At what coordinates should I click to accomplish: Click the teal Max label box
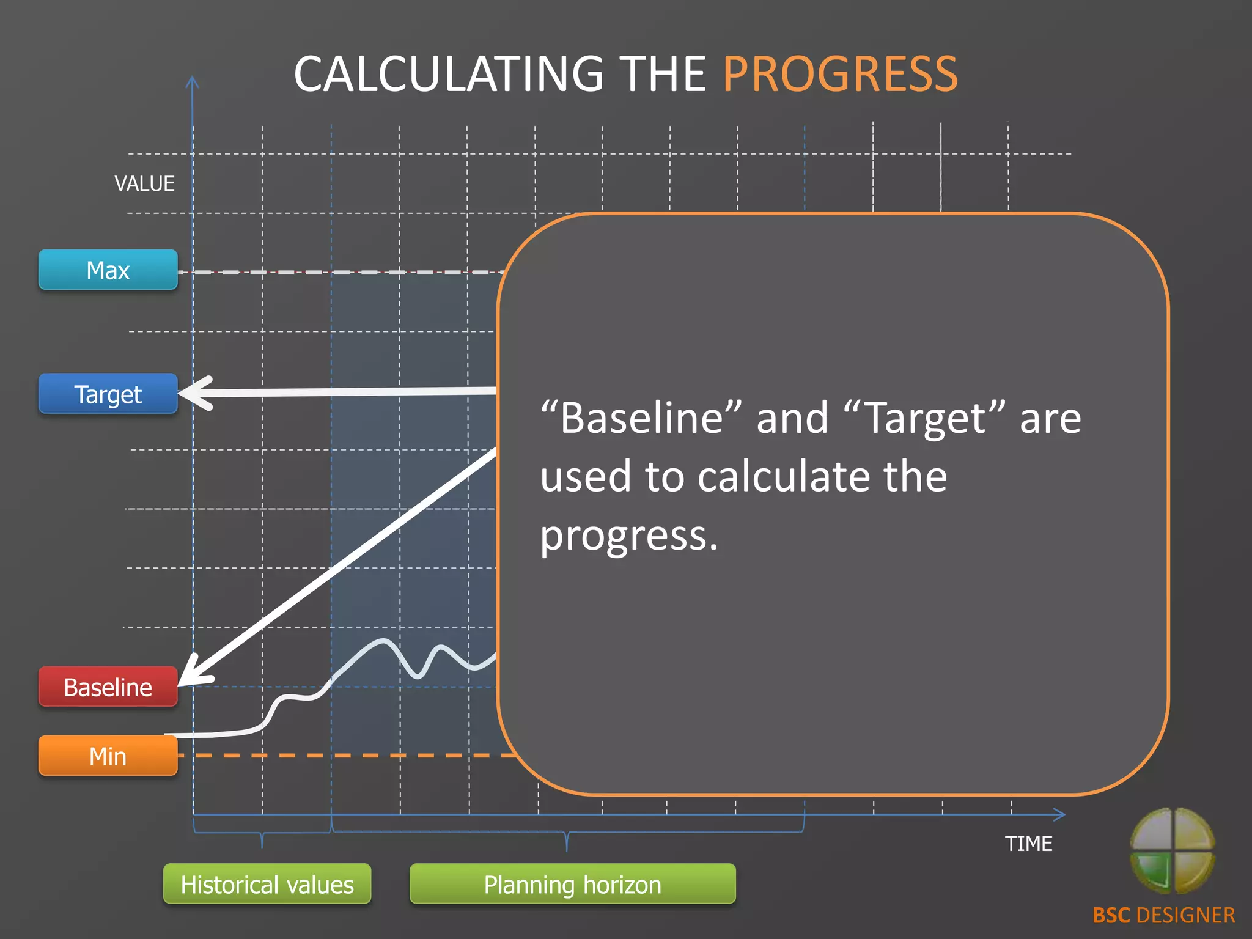click(108, 270)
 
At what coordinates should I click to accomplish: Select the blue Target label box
click(108, 394)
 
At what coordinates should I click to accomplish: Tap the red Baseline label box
click(108, 687)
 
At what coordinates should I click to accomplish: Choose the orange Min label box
click(108, 756)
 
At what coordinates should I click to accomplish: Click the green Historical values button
click(267, 884)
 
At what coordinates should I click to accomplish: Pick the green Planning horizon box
click(572, 884)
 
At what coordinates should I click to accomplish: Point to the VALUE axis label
click(144, 183)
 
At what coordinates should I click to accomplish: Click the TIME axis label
click(1028, 844)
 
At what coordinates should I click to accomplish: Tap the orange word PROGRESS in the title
click(840, 74)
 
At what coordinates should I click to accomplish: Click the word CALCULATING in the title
click(449, 74)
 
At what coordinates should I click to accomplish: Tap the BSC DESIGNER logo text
click(1163, 915)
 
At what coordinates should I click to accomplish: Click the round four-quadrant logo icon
click(1172, 850)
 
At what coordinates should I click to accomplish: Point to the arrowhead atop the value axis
click(192, 83)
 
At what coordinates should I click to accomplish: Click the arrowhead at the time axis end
click(1059, 814)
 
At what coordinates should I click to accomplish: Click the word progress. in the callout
click(629, 536)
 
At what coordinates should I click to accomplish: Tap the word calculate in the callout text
click(784, 477)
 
